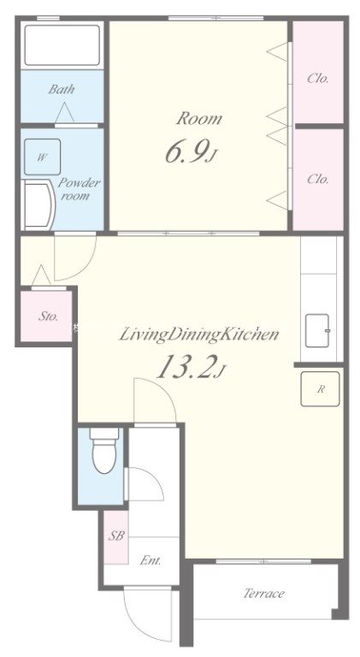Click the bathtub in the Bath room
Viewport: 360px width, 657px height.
[62, 44]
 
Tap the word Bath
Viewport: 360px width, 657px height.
[61, 89]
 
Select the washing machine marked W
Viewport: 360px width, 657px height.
[42, 157]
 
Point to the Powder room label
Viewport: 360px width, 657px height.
[79, 189]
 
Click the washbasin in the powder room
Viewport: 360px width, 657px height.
[39, 205]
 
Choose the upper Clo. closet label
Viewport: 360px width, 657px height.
[318, 79]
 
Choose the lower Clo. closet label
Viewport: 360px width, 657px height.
[318, 179]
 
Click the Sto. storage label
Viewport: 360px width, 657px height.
[48, 317]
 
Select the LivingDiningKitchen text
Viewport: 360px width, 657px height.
[199, 334]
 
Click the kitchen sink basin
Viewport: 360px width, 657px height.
[317, 330]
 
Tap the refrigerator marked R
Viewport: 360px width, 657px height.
[320, 389]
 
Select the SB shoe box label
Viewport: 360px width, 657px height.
[117, 536]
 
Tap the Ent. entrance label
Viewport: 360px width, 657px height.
[150, 560]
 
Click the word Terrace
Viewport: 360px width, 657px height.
[264, 594]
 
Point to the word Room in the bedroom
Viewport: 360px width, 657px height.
[199, 119]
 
